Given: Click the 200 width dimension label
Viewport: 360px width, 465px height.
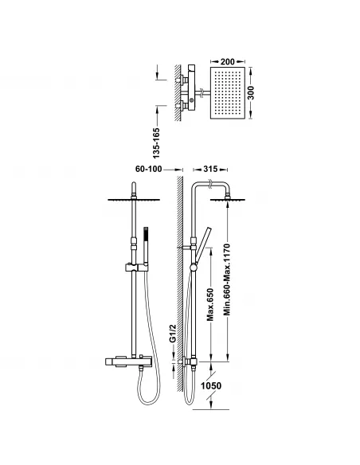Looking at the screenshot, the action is pyautogui.click(x=228, y=61).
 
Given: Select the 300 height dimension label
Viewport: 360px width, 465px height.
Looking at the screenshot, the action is pyautogui.click(x=251, y=92).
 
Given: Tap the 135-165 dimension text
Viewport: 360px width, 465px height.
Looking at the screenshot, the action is pyautogui.click(x=156, y=143).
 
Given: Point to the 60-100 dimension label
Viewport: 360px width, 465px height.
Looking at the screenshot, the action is pyautogui.click(x=149, y=169).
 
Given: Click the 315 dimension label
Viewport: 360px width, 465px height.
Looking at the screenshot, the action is pyautogui.click(x=210, y=169).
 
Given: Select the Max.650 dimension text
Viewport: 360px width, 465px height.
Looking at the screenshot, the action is pyautogui.click(x=210, y=304).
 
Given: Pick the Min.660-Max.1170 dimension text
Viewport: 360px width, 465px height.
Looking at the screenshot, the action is pyautogui.click(x=227, y=279).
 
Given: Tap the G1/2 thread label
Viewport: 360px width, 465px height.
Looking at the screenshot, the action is pyautogui.click(x=173, y=334).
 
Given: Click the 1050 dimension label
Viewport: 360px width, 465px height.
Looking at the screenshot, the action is pyautogui.click(x=211, y=386).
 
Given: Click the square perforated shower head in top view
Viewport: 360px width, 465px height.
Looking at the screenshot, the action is pyautogui.click(x=228, y=93).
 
